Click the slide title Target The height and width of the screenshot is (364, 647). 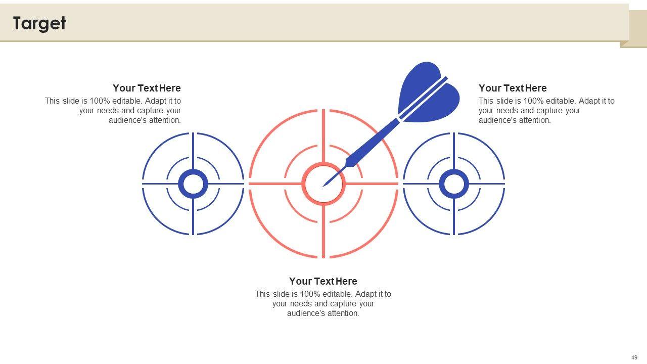pyautogui.click(x=39, y=23)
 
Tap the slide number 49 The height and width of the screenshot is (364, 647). pyautogui.click(x=634, y=357)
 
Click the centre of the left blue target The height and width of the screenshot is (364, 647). pyautogui.click(x=193, y=184)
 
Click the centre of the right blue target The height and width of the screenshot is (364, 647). pyautogui.click(x=454, y=184)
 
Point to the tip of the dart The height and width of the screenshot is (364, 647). pyautogui.click(x=323, y=187)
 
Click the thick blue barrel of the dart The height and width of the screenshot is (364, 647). pyautogui.click(x=373, y=143)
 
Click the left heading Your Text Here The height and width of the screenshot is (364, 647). pyautogui.click(x=147, y=88)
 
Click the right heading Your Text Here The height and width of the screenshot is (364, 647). pyautogui.click(x=513, y=88)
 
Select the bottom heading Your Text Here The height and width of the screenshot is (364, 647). pyautogui.click(x=323, y=281)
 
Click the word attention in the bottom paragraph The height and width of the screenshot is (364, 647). pyautogui.click(x=342, y=313)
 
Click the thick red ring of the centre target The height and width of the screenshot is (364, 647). pyautogui.click(x=323, y=163)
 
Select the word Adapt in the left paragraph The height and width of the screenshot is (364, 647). pyautogui.click(x=155, y=101)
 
